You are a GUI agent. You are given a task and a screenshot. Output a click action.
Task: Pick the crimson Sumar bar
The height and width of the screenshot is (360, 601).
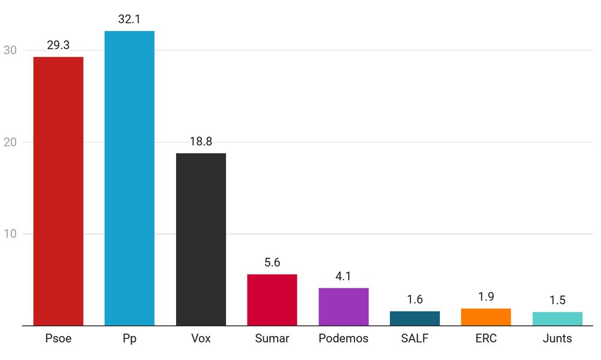[x=272, y=300]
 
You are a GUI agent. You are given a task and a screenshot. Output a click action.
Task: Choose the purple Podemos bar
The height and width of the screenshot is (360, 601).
[x=343, y=307]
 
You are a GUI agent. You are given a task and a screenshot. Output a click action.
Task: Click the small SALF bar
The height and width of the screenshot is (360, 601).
[x=415, y=319]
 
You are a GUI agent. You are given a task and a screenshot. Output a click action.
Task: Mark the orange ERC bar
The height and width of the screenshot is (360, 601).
[x=486, y=317]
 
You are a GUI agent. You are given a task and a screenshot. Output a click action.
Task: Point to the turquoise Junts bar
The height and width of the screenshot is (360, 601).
[x=557, y=319]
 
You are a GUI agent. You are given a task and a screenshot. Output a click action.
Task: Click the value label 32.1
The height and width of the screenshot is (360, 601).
[x=129, y=19]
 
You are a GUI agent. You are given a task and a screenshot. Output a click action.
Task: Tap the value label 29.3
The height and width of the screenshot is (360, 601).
[x=58, y=45]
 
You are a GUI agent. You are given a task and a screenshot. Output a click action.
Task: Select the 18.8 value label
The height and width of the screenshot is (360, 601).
[x=201, y=141]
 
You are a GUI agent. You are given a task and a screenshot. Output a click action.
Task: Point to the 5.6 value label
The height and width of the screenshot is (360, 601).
[x=272, y=263]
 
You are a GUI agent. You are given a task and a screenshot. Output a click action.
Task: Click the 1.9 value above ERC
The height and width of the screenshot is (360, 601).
[x=486, y=297]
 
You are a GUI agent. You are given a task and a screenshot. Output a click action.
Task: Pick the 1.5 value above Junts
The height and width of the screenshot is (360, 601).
[x=557, y=301]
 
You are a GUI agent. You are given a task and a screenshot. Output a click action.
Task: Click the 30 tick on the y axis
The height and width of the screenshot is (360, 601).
[x=10, y=50]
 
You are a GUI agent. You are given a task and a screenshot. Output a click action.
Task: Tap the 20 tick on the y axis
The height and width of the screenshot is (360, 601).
[x=10, y=142]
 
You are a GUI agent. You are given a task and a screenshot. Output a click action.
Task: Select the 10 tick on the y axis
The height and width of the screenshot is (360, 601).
[x=10, y=234]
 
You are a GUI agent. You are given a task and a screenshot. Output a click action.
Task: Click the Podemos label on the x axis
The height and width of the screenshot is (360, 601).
[x=343, y=338]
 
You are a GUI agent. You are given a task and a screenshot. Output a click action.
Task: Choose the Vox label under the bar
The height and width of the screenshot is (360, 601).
[x=201, y=338]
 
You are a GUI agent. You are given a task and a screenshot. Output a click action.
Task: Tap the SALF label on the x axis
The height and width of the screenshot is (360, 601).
[x=415, y=338]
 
